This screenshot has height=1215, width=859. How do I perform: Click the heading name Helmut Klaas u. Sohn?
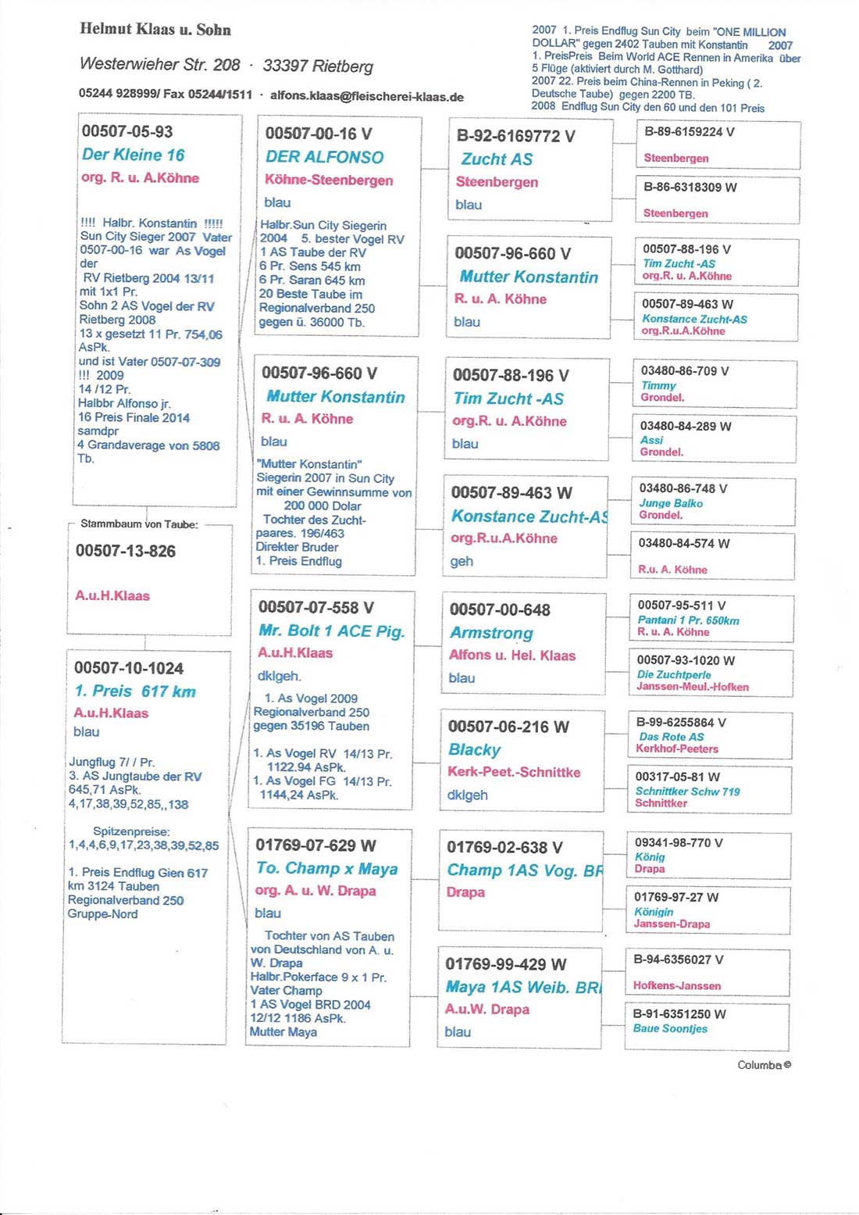155,30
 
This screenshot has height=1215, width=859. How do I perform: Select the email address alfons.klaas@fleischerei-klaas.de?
367,97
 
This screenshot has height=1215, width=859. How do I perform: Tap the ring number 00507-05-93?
127,131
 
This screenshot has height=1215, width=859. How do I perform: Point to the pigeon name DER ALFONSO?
324,157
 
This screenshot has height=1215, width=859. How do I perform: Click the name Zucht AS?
497,159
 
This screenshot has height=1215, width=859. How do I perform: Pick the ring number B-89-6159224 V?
689,132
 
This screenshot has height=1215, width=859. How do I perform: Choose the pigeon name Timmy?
658,385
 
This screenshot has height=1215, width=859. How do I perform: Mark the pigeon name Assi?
651,440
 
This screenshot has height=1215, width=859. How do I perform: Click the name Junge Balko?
671,503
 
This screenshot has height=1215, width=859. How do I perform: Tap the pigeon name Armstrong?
491,633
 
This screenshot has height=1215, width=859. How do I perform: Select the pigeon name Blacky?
474,749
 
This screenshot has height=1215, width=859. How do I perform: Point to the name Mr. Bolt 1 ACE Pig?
332,631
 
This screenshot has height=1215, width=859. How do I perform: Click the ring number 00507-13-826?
126,551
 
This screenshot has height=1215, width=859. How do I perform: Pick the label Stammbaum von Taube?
139,524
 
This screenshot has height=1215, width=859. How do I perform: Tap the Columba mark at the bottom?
764,1065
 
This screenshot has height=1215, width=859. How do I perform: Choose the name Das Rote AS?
671,737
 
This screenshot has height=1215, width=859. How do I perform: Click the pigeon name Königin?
654,912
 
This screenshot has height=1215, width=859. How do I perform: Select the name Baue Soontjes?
670,1028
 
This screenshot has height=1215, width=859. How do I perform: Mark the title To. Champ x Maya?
326,868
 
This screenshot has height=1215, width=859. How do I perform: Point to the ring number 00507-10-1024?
129,668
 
